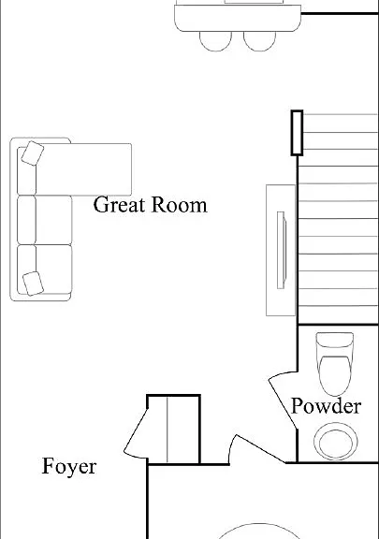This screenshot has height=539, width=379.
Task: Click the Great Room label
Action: pyautogui.click(x=151, y=205)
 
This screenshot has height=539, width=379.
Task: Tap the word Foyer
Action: pyautogui.click(x=69, y=466)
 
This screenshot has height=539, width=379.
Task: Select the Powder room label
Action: pyautogui.click(x=326, y=405)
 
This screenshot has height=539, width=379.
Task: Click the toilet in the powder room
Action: pyautogui.click(x=335, y=364)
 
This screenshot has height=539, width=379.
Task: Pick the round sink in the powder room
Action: pyautogui.click(x=336, y=442)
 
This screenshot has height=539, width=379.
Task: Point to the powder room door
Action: pyautogui.click(x=283, y=401)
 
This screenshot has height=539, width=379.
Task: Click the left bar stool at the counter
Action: pyautogui.click(x=215, y=41)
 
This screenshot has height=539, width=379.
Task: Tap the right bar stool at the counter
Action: pyautogui.click(x=259, y=41)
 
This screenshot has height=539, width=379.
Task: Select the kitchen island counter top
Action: pyautogui.click(x=238, y=18)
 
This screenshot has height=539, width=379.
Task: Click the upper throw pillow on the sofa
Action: pyautogui.click(x=33, y=153)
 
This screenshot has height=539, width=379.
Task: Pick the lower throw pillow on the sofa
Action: pyautogui.click(x=33, y=284)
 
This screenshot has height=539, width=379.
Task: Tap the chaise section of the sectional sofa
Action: pyautogui.click(x=83, y=169)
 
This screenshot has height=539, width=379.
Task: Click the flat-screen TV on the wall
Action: pyautogui.click(x=282, y=250)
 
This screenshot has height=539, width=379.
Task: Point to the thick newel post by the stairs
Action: pyautogui.click(x=297, y=133)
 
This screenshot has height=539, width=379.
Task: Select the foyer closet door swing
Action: pyautogui.click(x=136, y=433)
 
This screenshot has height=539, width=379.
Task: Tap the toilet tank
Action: pyautogui.click(x=335, y=340)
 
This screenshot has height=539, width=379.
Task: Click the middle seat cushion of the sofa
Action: pyautogui.click(x=45, y=220)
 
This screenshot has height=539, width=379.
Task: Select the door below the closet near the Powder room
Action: pyautogui.click(x=256, y=449)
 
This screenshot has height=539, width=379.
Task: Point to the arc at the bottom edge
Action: pyautogui.click(x=258, y=524)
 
